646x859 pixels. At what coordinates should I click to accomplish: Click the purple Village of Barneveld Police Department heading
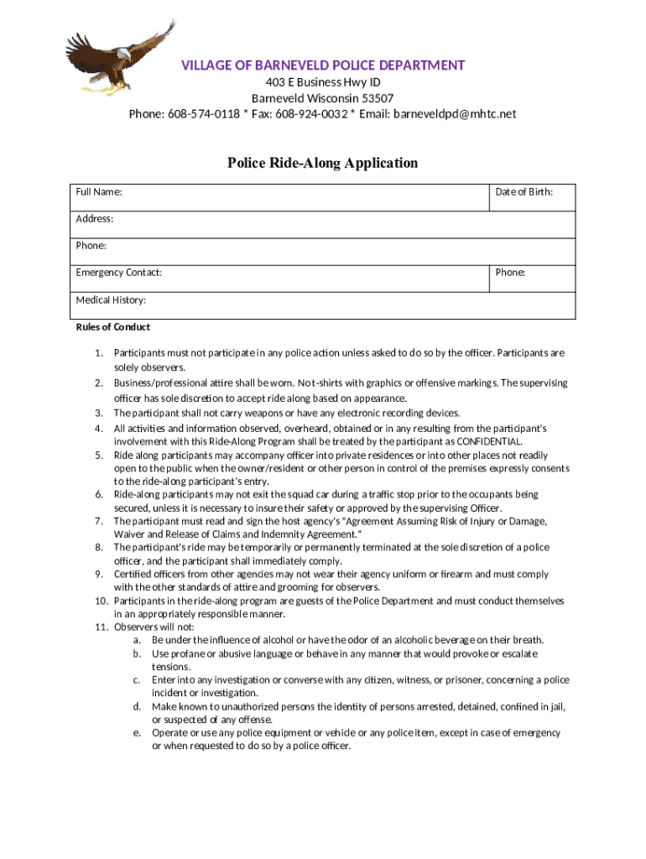coord(323,65)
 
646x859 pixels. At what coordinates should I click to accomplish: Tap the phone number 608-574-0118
coord(203,114)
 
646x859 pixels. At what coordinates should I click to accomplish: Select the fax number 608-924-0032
coord(310,114)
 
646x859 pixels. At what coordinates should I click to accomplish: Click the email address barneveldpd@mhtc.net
coord(455,114)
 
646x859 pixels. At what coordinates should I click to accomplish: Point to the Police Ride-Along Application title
coord(322,163)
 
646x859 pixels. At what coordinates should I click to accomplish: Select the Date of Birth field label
coord(524,192)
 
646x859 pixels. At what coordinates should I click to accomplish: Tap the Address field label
coord(95,219)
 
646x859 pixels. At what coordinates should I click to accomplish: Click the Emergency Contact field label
coord(119,273)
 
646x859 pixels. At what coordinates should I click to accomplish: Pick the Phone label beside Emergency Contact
coord(510,273)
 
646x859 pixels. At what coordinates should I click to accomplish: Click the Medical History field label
coord(111,299)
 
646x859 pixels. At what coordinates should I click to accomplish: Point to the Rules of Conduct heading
coord(113,327)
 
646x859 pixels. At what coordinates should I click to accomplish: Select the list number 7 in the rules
coord(99,521)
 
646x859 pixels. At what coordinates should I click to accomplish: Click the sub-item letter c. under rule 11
coord(136,679)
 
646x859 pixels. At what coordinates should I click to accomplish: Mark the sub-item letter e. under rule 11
coord(136,732)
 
